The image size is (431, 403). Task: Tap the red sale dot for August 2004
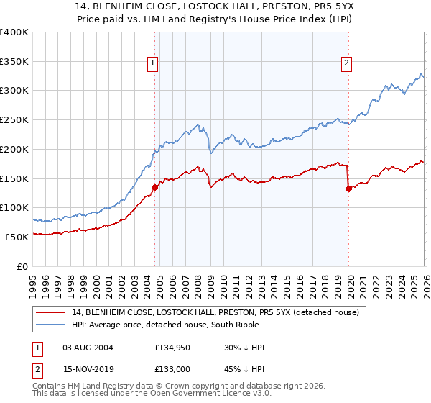[x=154, y=187]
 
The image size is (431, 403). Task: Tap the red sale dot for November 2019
[x=348, y=189]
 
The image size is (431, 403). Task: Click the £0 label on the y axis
[x=23, y=266]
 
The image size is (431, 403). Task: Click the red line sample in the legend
[x=51, y=312]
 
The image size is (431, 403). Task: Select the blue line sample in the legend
[x=51, y=325]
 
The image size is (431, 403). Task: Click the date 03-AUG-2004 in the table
[x=88, y=348]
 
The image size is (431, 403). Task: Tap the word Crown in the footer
[x=206, y=386]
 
